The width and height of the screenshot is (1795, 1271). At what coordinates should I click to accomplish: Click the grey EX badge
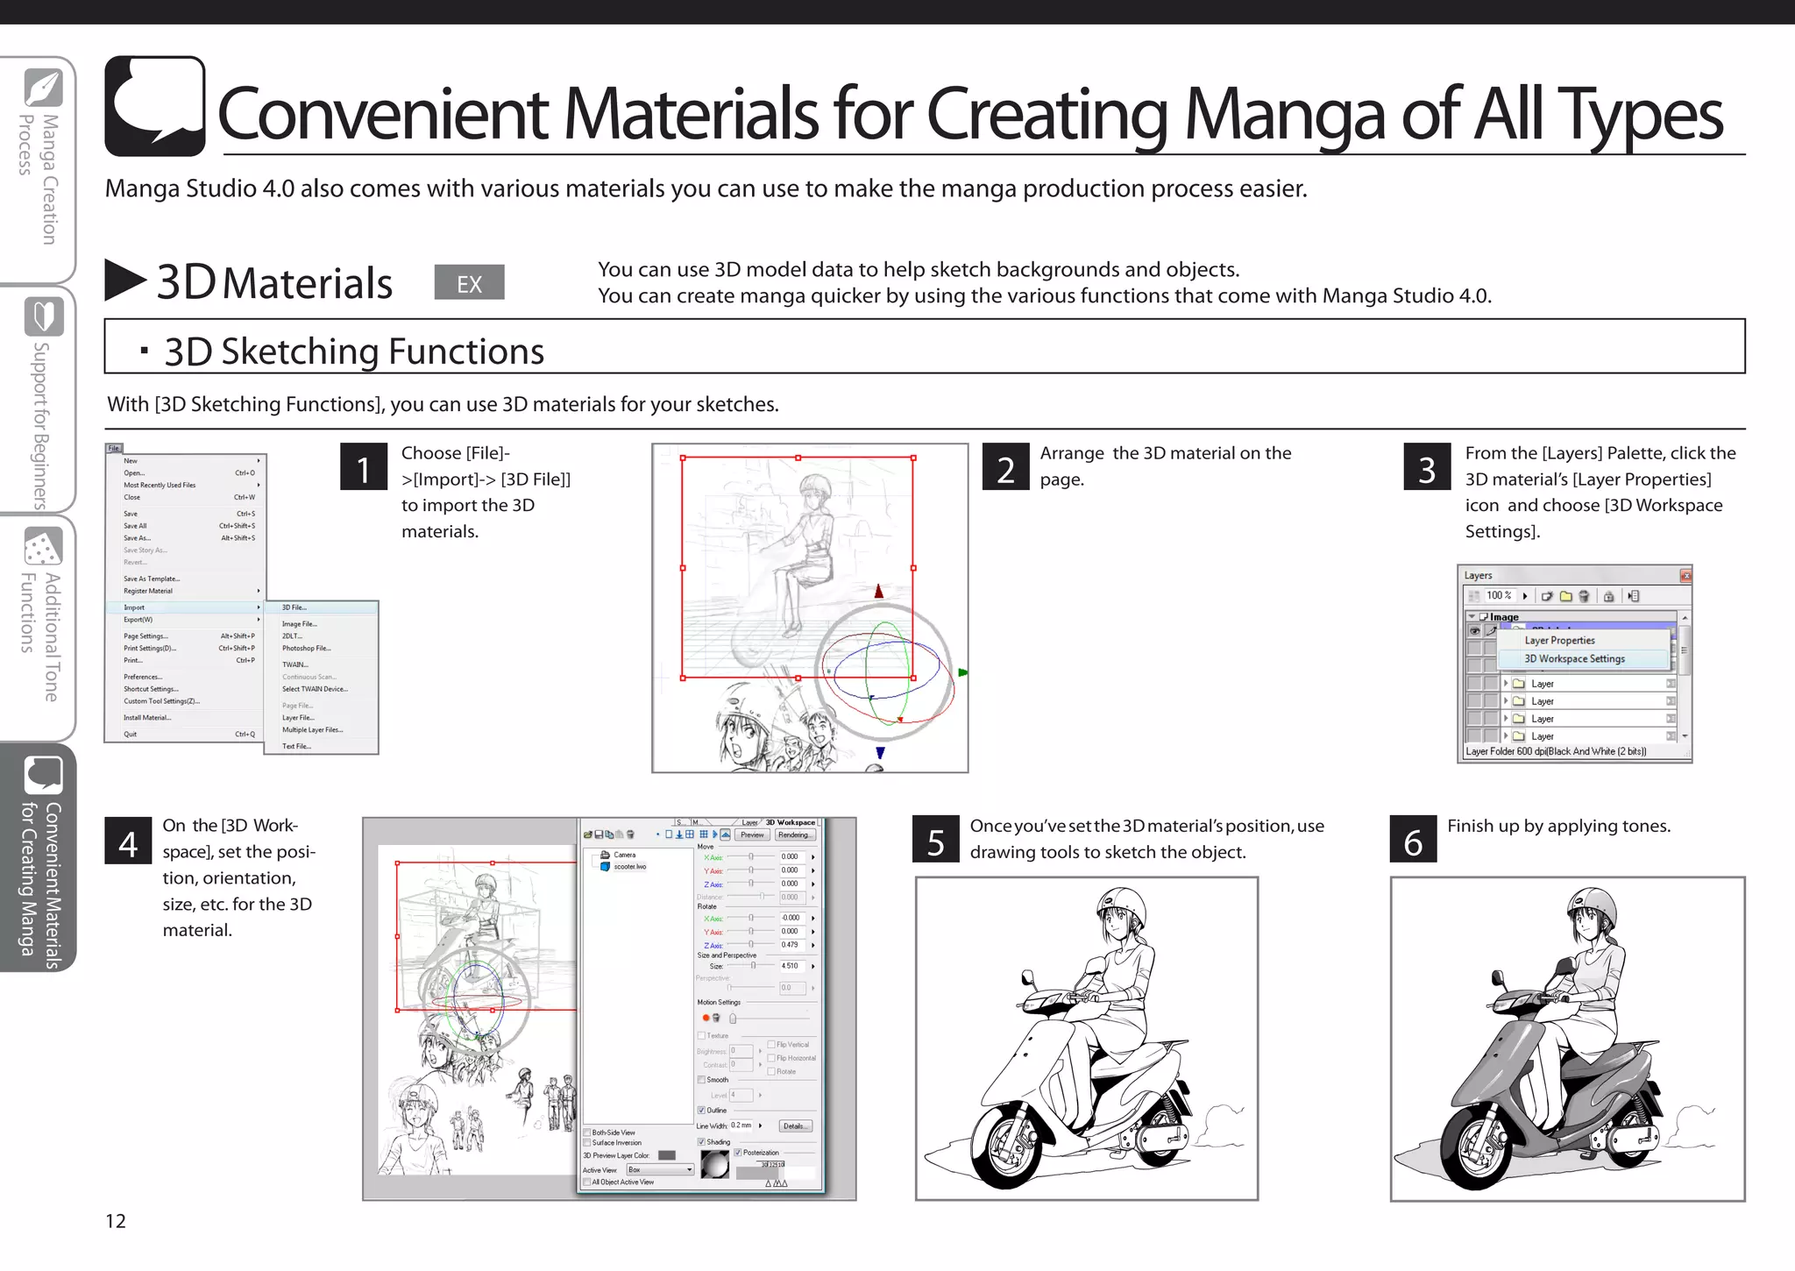pyautogui.click(x=469, y=282)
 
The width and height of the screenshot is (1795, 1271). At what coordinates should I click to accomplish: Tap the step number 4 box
pyautogui.click(x=128, y=841)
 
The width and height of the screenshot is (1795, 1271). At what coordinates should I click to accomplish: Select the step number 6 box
pyautogui.click(x=1413, y=839)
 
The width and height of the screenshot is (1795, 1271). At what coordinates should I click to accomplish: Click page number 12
pyautogui.click(x=116, y=1221)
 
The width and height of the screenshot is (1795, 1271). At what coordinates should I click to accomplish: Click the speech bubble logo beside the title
pyautogui.click(x=155, y=106)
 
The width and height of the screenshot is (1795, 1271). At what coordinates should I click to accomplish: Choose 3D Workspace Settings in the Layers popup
pyautogui.click(x=1574, y=658)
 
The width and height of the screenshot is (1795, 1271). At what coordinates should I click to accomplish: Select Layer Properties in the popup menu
pyautogui.click(x=1559, y=640)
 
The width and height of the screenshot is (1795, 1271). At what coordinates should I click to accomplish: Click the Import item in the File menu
pyautogui.click(x=134, y=607)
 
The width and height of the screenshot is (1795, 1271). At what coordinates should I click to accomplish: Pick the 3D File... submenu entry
pyautogui.click(x=294, y=607)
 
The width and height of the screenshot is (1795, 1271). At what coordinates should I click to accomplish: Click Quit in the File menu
pyautogui.click(x=131, y=735)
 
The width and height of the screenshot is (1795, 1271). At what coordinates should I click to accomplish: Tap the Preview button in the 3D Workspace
pyautogui.click(x=752, y=834)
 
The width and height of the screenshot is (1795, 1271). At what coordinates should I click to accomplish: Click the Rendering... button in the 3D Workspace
pyautogui.click(x=794, y=834)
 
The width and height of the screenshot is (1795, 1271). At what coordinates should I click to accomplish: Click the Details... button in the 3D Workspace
pyautogui.click(x=794, y=1126)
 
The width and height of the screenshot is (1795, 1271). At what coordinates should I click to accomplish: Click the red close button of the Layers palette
pyautogui.click(x=1685, y=575)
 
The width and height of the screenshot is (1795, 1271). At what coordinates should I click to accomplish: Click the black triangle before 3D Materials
pyautogui.click(x=124, y=280)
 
